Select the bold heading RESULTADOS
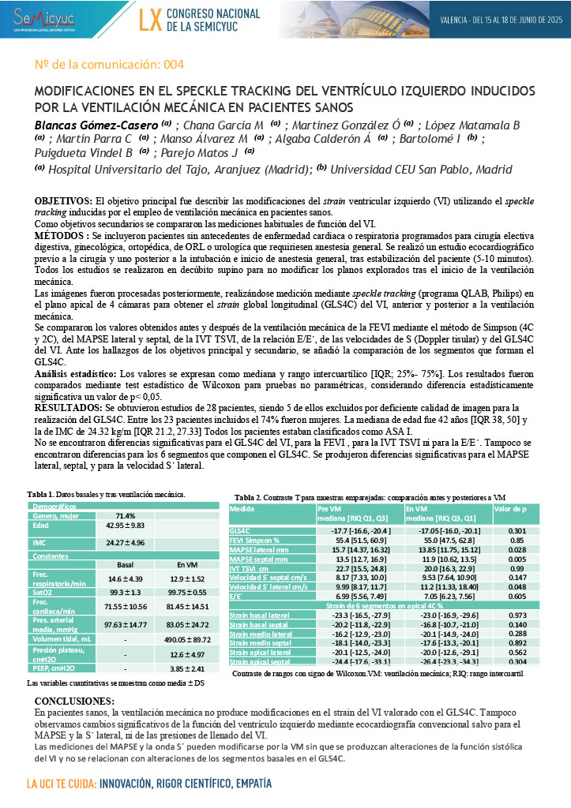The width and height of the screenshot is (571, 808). [70, 408]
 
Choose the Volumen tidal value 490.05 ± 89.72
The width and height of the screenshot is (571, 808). [186, 638]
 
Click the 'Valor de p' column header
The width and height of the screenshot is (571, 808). [510, 510]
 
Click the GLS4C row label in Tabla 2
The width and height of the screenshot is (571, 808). [239, 531]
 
